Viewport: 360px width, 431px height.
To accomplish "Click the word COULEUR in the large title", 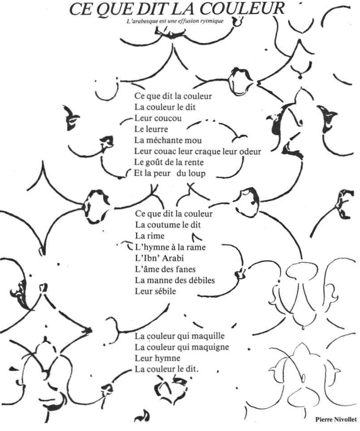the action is coord(242,9).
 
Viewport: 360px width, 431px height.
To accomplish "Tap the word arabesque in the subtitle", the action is coord(147,21).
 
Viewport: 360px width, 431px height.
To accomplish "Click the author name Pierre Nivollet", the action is coord(336,419).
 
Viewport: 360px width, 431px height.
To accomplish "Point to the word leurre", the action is coord(157,129).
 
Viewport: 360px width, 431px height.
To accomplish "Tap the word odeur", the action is coord(250,151).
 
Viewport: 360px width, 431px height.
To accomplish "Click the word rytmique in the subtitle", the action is coord(212,21).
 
